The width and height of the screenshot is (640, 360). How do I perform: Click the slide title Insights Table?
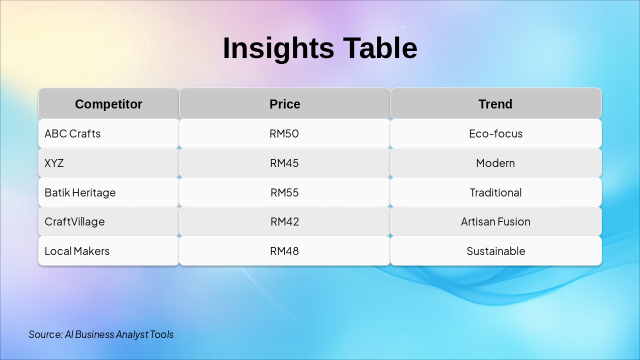(x=320, y=48)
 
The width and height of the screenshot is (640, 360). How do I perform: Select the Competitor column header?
(x=108, y=104)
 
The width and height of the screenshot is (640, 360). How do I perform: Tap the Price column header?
(x=285, y=104)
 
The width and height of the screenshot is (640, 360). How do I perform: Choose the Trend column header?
(x=495, y=104)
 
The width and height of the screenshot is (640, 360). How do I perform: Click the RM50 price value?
(x=284, y=133)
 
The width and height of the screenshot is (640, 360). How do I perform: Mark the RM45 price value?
(x=284, y=163)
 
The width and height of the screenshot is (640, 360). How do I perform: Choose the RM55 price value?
(x=284, y=193)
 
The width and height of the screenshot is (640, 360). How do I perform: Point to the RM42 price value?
(x=284, y=221)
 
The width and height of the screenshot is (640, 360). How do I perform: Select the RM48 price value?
(x=284, y=251)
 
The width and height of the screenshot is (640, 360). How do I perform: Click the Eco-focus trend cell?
(x=495, y=133)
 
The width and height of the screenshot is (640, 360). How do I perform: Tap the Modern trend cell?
(x=495, y=163)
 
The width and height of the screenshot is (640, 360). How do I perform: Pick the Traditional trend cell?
(x=495, y=193)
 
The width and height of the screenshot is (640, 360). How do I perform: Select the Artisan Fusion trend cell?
(x=495, y=221)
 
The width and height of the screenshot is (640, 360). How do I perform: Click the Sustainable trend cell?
(x=495, y=251)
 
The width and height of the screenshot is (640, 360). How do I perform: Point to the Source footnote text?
(x=101, y=334)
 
